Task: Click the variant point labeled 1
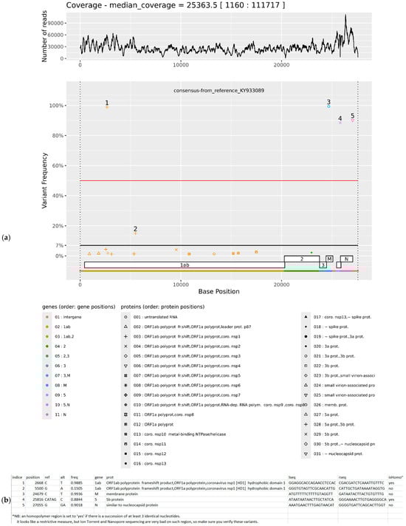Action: [107, 108]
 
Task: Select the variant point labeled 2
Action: [135, 233]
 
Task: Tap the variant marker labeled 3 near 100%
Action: [328, 106]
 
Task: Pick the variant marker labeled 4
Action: [340, 123]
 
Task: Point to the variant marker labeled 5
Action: [353, 120]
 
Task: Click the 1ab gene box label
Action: [183, 264]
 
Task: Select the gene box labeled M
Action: [329, 259]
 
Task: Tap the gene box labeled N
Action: [345, 259]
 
